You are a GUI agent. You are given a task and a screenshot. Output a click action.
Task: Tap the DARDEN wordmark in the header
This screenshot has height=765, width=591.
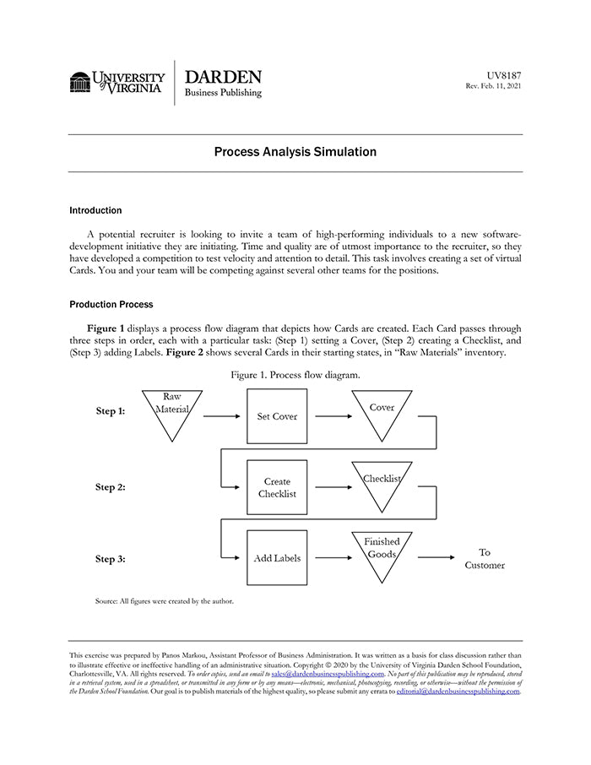[223, 77]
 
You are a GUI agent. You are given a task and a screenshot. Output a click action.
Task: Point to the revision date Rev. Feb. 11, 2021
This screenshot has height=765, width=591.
[493, 87]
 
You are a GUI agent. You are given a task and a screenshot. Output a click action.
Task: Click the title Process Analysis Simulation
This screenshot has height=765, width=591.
[295, 152]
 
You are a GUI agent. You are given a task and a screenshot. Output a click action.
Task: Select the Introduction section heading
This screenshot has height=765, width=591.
[95, 210]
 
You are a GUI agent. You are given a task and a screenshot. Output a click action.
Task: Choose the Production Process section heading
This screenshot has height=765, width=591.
[111, 304]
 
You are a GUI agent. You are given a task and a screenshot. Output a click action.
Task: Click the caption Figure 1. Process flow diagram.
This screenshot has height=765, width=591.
[295, 374]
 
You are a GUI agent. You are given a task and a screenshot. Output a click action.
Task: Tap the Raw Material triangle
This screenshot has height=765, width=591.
[171, 411]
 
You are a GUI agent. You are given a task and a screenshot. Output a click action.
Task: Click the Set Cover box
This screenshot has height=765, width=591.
[277, 416]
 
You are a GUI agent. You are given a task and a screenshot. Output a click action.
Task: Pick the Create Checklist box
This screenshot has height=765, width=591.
[277, 487]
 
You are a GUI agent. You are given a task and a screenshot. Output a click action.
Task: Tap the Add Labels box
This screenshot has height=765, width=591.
[277, 558]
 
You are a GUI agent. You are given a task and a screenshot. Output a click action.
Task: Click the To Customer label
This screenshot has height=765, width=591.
[485, 559]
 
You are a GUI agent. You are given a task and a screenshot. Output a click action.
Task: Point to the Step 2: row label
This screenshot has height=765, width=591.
[110, 487]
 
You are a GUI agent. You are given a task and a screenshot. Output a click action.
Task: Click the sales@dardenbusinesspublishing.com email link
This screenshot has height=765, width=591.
[328, 674]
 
